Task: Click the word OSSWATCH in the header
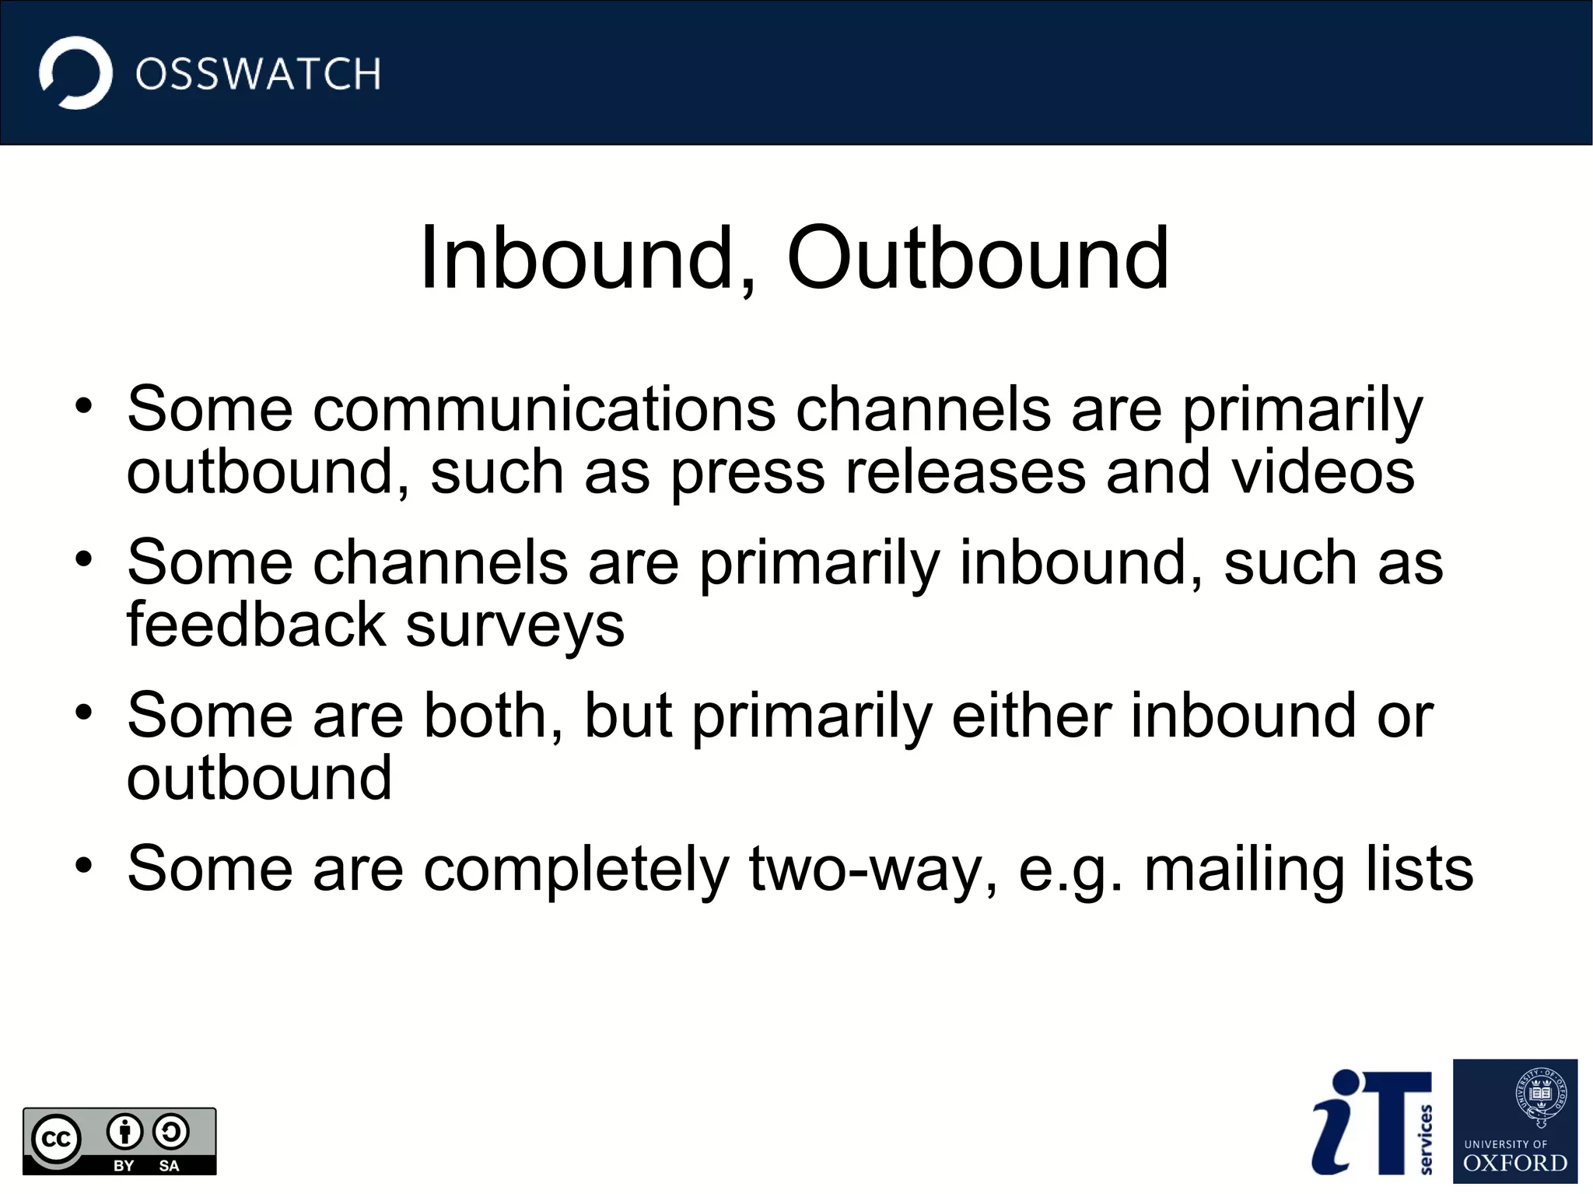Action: [x=258, y=75]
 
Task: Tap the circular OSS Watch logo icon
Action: [x=75, y=73]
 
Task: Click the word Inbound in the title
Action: [x=576, y=258]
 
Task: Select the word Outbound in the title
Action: [x=978, y=258]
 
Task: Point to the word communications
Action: [x=544, y=409]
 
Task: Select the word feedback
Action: [x=256, y=625]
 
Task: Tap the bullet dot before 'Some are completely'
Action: [x=84, y=865]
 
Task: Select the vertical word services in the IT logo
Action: [x=1426, y=1140]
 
